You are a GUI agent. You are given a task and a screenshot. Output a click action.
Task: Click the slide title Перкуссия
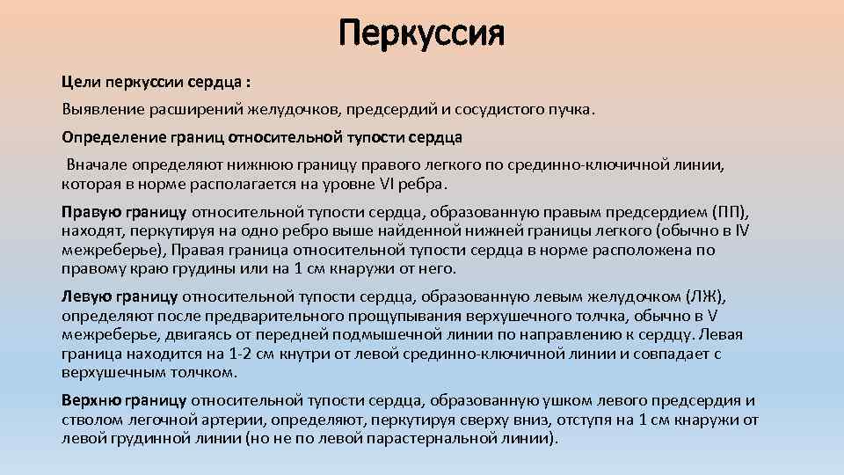click(422, 35)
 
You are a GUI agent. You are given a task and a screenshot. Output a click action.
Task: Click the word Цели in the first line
click(81, 82)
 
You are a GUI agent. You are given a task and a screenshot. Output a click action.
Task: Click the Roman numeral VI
click(383, 184)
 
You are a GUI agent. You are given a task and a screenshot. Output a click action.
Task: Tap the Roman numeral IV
click(742, 230)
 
